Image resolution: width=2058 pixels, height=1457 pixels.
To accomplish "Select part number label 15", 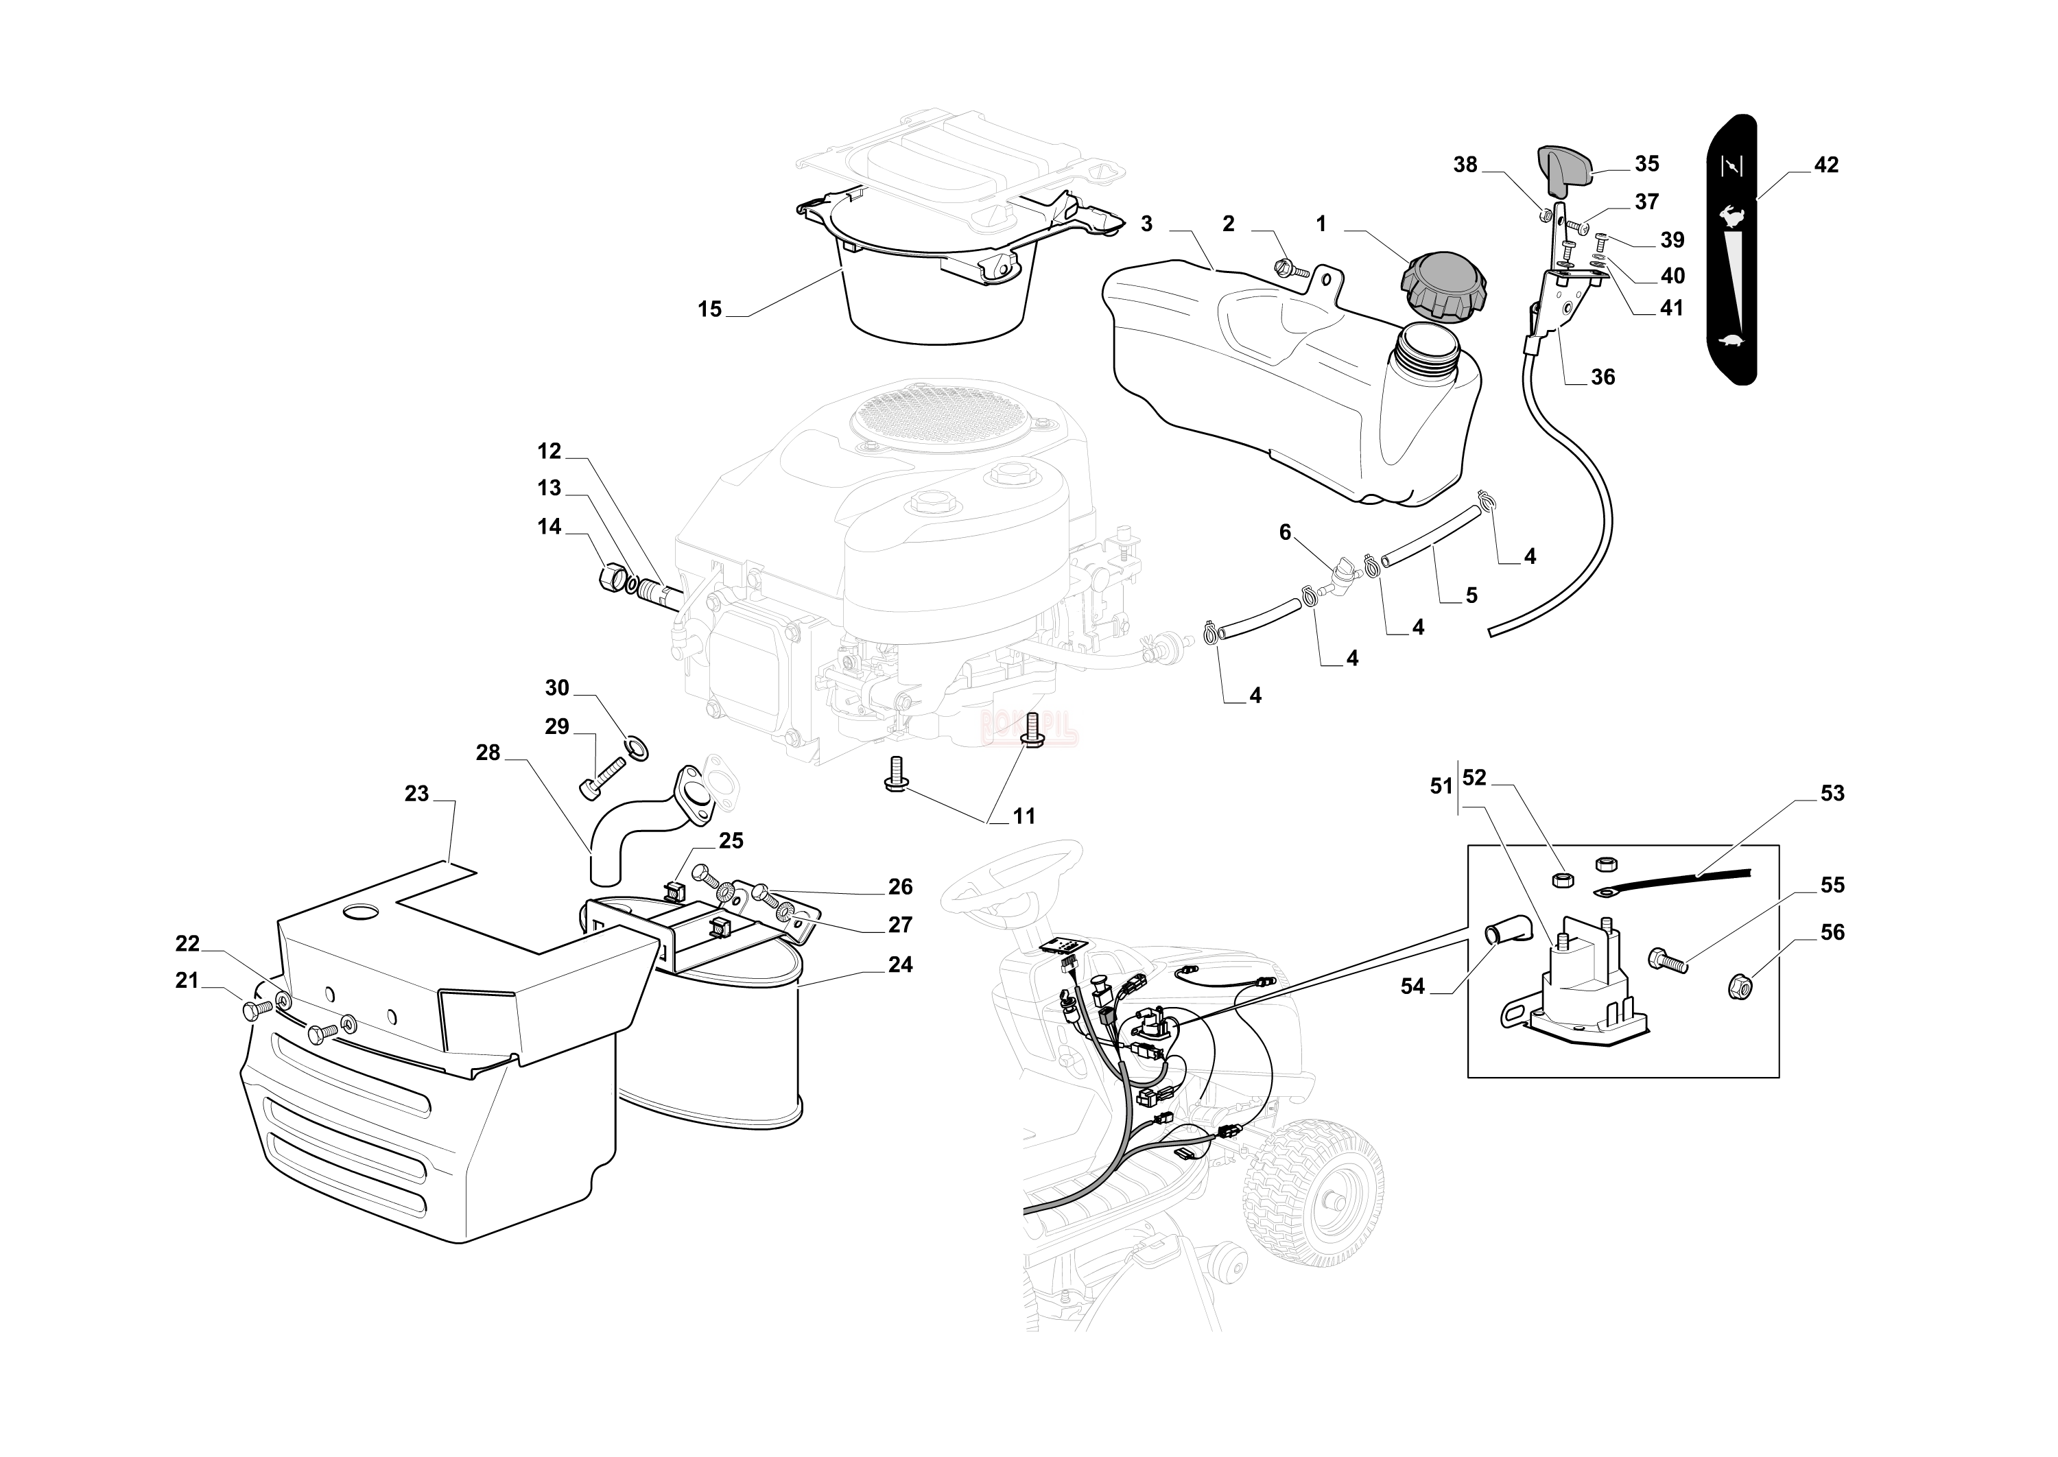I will pos(709,309).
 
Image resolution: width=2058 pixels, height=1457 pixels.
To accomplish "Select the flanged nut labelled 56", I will pos(1738,986).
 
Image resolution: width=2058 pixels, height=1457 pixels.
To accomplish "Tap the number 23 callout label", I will pos(416,794).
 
